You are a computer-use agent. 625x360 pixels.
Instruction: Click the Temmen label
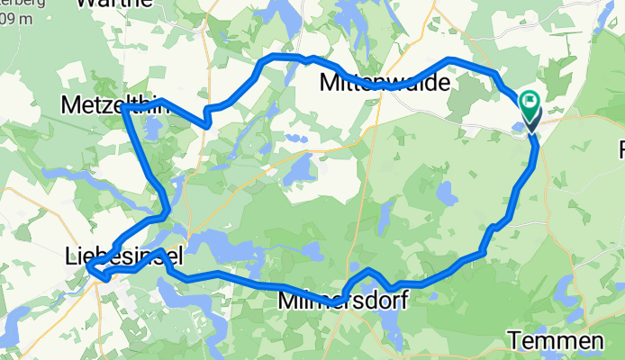tap(555, 341)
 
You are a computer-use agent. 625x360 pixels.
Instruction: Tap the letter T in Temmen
tap(514, 341)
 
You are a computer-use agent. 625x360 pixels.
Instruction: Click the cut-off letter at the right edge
tap(620, 148)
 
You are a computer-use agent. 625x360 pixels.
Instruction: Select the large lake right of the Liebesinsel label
tap(216, 244)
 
